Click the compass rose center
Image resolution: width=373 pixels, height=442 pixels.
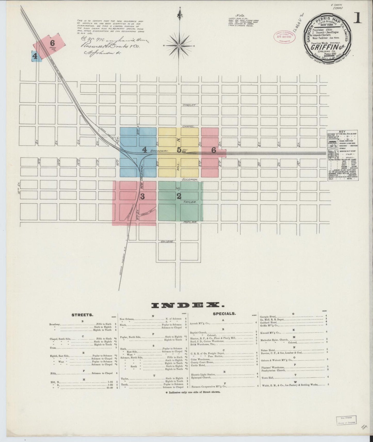pyautogui.click(x=179, y=46)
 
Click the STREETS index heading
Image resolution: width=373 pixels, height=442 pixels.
pyautogui.click(x=82, y=315)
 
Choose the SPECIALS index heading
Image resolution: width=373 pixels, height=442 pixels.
pyautogui.click(x=224, y=314)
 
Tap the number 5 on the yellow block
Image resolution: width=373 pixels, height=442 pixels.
pyautogui.click(x=179, y=150)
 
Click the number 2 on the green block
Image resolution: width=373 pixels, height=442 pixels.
pyautogui.click(x=179, y=196)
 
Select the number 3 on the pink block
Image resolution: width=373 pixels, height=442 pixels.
pyautogui.click(x=142, y=197)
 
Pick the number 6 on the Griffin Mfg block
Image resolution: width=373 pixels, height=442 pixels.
pyautogui.click(x=52, y=43)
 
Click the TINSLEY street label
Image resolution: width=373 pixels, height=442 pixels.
pyautogui.click(x=190, y=105)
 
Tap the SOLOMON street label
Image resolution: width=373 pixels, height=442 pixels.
pyautogui.click(x=190, y=179)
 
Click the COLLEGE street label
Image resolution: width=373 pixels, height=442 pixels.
pyautogui.click(x=166, y=242)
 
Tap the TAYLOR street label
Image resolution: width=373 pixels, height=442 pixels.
pyautogui.click(x=190, y=202)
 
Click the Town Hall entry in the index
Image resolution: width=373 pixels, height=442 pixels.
pyautogui.click(x=267, y=377)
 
